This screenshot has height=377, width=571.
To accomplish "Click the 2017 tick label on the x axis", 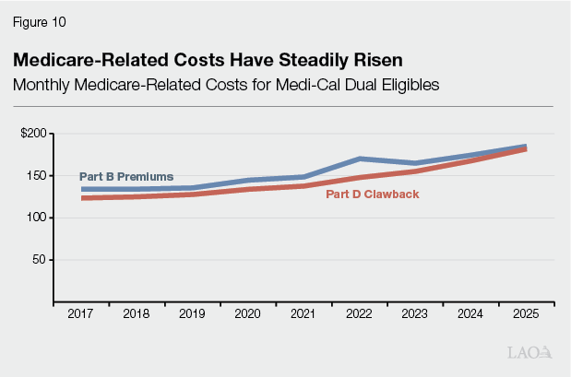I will [80, 313].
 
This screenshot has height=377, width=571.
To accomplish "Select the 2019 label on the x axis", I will [192, 313].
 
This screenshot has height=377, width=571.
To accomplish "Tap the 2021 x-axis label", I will [303, 313].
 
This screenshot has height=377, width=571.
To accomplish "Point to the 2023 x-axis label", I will [414, 313].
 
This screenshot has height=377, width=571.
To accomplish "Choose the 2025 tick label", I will [526, 313].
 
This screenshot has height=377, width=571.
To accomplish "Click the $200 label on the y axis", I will [34, 134].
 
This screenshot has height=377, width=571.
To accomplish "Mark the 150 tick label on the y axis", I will [37, 175].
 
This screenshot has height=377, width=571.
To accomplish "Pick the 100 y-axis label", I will [37, 218].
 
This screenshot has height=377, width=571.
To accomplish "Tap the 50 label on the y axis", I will [40, 259].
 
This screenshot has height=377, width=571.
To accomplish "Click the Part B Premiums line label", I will [126, 176].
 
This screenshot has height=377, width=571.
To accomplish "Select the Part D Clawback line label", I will [372, 194].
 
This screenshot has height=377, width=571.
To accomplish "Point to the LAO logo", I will [529, 352].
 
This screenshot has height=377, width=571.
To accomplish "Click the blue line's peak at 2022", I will [359, 159].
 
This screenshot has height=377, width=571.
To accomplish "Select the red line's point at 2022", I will [359, 177].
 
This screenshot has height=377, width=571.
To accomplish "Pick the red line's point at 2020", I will [247, 188].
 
